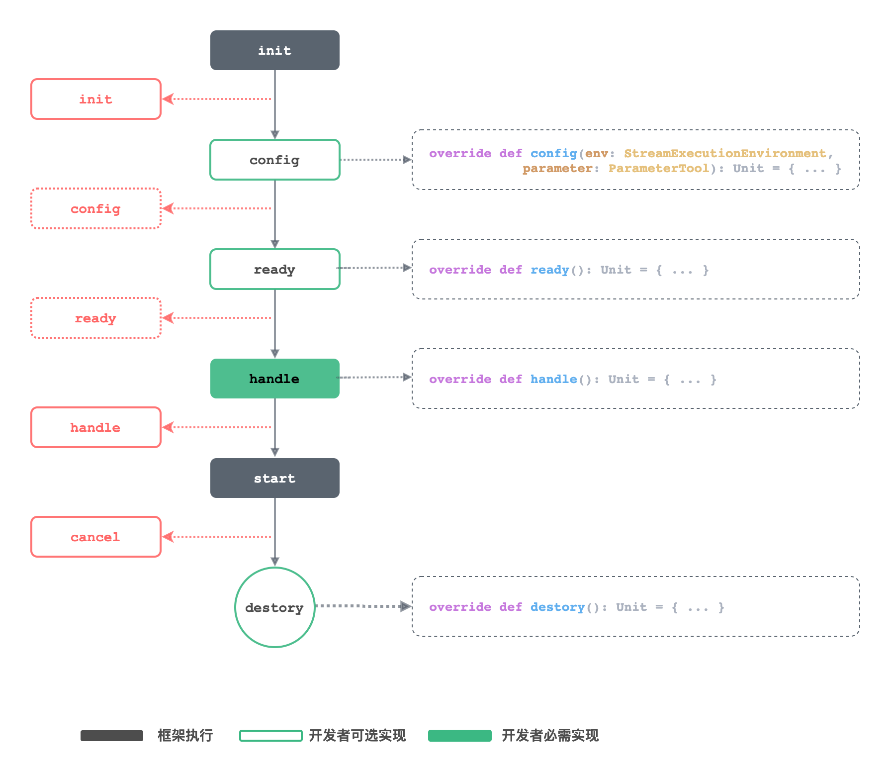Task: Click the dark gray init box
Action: (x=274, y=50)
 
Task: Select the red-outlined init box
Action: (x=96, y=99)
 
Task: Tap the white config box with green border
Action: (x=274, y=160)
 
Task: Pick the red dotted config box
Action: (x=96, y=208)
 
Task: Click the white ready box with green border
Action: (x=274, y=269)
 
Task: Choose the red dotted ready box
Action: (x=96, y=318)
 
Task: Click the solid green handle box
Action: (x=274, y=379)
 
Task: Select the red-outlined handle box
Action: (x=96, y=427)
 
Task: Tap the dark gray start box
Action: (x=274, y=478)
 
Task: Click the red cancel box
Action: (x=96, y=537)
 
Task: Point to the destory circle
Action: (x=274, y=607)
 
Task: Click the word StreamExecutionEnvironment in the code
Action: (x=724, y=153)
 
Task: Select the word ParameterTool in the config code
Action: (x=659, y=168)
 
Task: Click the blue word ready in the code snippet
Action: (x=549, y=270)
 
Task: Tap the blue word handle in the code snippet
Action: (x=553, y=379)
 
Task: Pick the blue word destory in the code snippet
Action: (x=557, y=607)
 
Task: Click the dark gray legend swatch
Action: (x=112, y=736)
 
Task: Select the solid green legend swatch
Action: (x=459, y=736)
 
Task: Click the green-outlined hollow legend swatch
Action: (x=270, y=736)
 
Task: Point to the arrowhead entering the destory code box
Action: (x=406, y=606)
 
